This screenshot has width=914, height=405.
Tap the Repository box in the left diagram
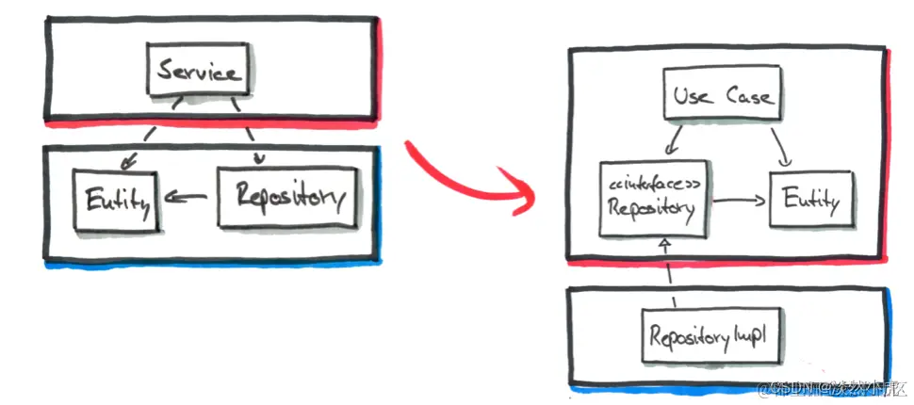[x=286, y=196]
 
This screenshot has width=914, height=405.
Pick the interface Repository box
[x=654, y=199]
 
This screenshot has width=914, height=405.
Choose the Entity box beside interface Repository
[x=811, y=201]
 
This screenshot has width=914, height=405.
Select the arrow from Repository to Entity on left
[x=188, y=198]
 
